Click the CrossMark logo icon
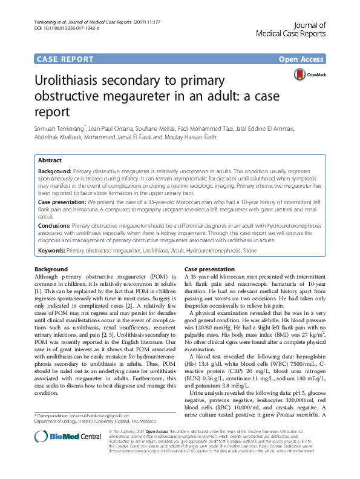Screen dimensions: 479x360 coord(301,75)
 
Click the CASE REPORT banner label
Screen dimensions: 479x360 coord(65,59)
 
